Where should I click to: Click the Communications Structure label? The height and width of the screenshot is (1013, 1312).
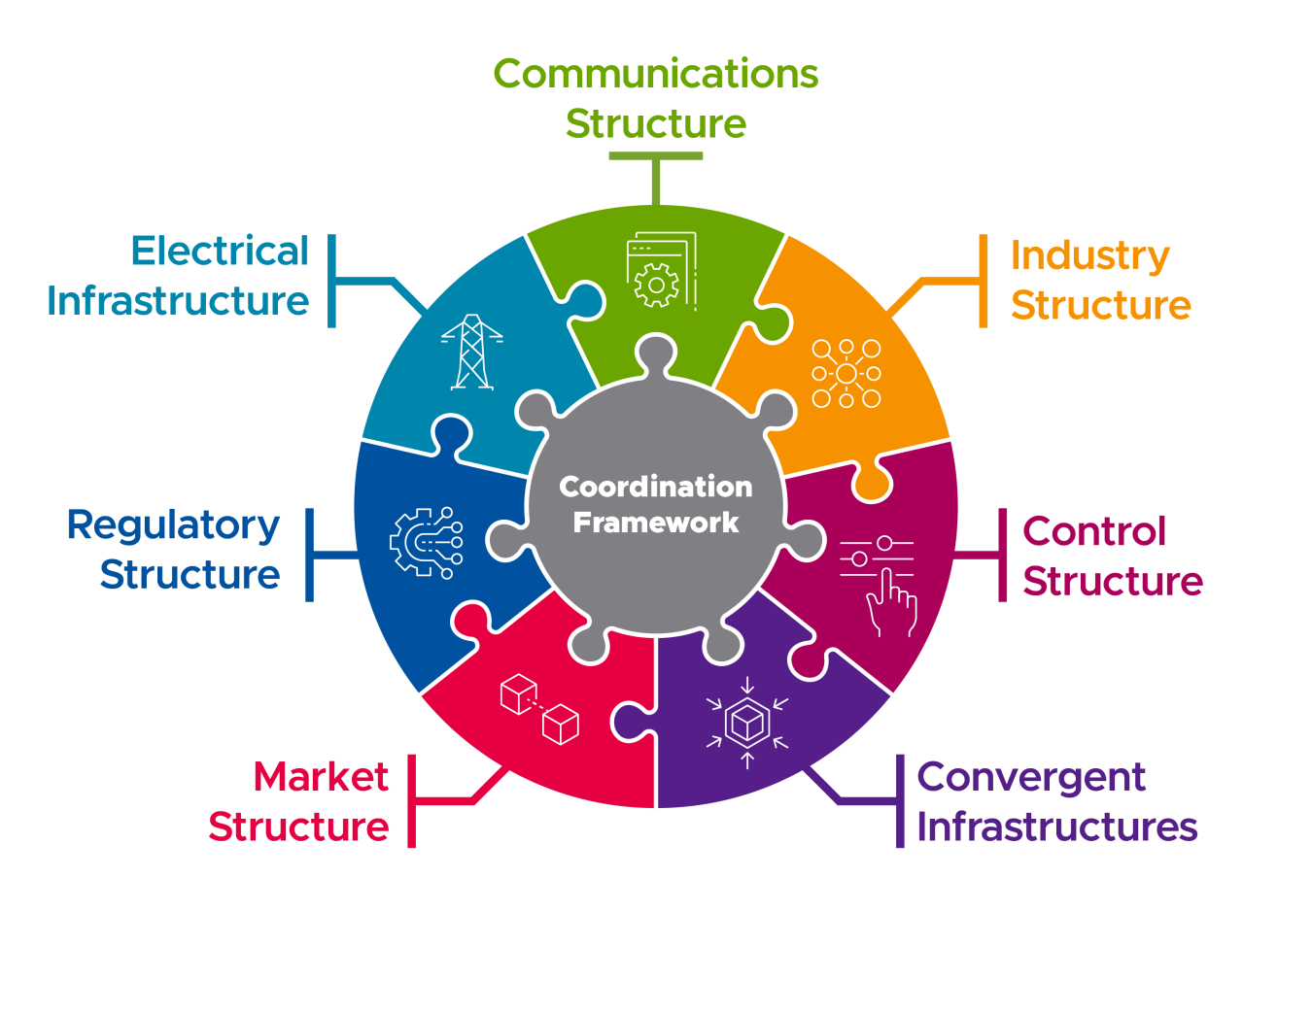[656, 98]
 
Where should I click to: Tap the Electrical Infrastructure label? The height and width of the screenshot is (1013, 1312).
[178, 276]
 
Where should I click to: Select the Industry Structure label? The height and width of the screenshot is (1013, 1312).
[1100, 280]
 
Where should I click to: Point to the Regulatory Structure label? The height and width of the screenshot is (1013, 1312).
[175, 550]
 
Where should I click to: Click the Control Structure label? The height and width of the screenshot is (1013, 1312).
[1112, 557]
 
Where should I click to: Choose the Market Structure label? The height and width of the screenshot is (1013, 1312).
[299, 801]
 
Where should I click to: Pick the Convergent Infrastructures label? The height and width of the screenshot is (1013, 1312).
[1056, 801]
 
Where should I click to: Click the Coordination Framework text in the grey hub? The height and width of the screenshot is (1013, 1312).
[656, 504]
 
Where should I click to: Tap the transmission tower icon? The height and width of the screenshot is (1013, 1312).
[472, 352]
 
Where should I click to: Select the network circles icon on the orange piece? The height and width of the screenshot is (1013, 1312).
[846, 373]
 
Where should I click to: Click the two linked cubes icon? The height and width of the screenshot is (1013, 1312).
[539, 708]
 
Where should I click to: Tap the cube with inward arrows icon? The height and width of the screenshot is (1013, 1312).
[747, 722]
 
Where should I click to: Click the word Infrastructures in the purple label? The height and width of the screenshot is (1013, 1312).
[1056, 827]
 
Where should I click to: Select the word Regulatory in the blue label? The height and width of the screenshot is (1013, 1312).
[173, 525]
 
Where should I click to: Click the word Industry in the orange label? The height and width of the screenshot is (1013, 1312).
[1089, 255]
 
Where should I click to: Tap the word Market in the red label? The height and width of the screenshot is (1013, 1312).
[320, 777]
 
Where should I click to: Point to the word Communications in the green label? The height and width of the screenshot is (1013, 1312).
[656, 74]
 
